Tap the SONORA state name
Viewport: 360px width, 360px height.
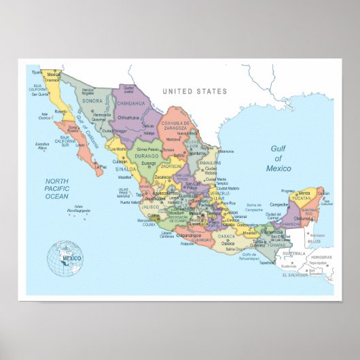tap(92, 101)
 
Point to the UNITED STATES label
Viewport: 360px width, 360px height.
tap(195, 91)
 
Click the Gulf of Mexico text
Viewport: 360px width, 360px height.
tap(278, 158)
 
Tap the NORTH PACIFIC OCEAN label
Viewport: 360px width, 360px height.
tap(57, 189)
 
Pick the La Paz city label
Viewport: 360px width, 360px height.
tap(100, 166)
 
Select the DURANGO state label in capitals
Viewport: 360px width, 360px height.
tap(145, 156)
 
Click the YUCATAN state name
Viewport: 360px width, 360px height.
tap(302, 199)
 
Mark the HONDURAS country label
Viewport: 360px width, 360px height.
tap(322, 257)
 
